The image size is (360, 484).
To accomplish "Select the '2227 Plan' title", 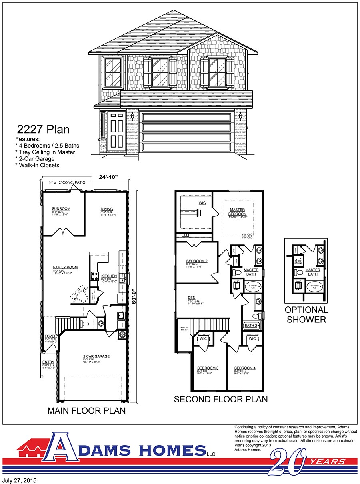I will coord(43,129).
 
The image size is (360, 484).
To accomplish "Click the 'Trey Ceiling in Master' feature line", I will coord(45,152).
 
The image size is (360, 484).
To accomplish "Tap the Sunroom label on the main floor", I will coord(61,209).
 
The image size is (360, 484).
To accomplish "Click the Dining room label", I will coord(106,209).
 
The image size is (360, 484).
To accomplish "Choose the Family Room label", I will coord(65,267).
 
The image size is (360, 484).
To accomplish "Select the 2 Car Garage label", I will coord(96,356).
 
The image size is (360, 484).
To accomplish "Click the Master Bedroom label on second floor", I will coord(238,212).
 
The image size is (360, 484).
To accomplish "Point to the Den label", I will coord(192,298).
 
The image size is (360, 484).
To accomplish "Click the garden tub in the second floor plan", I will coord(252,286).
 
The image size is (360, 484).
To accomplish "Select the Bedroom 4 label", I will coord(244,368).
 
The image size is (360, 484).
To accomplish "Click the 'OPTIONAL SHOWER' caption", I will coord(306,314).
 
